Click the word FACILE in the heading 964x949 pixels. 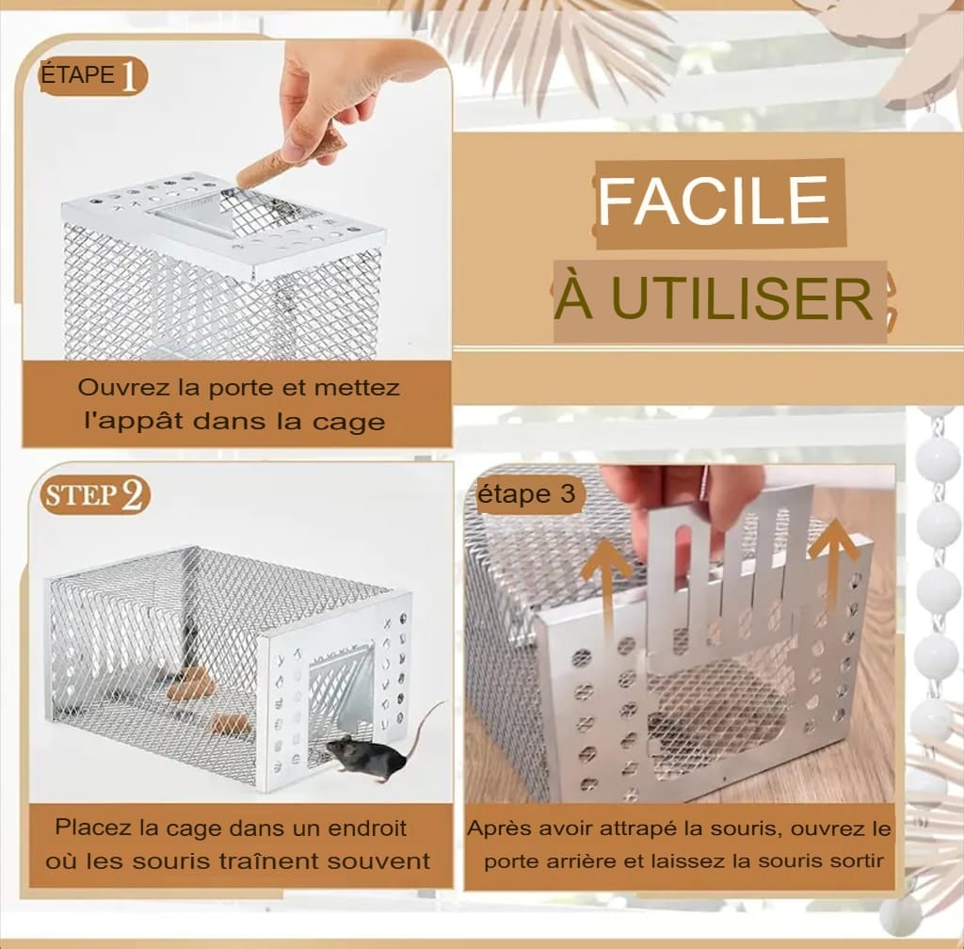coord(714,201)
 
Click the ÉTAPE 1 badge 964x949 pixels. coord(92,76)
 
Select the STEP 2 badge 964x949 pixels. coord(95,496)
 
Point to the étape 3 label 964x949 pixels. coord(526,494)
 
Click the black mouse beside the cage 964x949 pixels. coord(367,756)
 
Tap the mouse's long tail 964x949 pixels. coord(427,729)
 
